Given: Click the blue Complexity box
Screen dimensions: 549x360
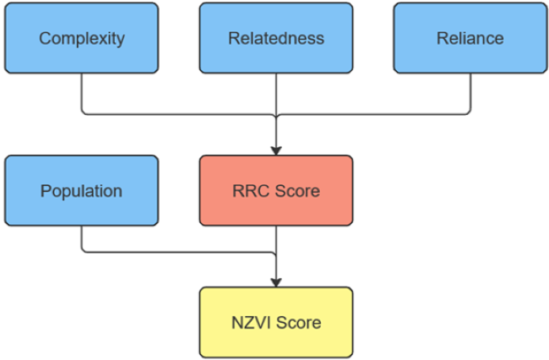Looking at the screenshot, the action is click(x=82, y=38).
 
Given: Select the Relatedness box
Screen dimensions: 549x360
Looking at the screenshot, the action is click(x=276, y=38).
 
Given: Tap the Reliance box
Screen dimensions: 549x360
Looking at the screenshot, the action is click(x=470, y=38).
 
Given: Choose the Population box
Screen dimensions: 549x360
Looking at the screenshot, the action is click(x=82, y=190).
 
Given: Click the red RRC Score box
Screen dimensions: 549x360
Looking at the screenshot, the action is click(x=276, y=190).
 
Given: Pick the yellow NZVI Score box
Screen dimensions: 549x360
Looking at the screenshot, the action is click(x=276, y=322).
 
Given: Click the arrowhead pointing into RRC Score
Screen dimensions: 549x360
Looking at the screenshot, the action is click(x=276, y=151).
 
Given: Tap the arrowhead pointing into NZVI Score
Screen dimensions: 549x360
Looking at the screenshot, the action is click(x=276, y=282).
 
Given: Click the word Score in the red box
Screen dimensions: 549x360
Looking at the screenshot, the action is click(x=297, y=191).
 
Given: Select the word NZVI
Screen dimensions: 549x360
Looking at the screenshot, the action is click(x=251, y=323).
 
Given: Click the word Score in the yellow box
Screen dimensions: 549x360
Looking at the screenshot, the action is click(x=299, y=323).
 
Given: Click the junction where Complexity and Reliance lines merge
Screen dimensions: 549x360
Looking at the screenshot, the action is click(x=276, y=115).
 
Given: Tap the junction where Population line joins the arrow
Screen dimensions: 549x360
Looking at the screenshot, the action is click(x=276, y=253).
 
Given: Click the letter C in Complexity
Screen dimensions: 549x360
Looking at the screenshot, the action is click(x=45, y=38).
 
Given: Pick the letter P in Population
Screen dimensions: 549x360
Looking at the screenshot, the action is click(x=46, y=191).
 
